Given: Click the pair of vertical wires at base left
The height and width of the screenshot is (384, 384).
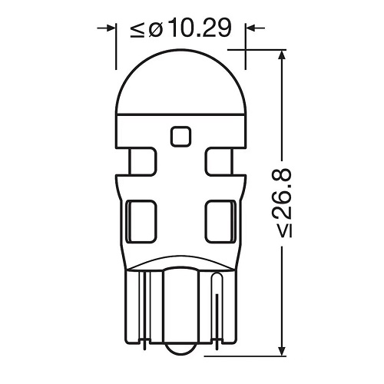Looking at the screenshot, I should pos(143,307).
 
